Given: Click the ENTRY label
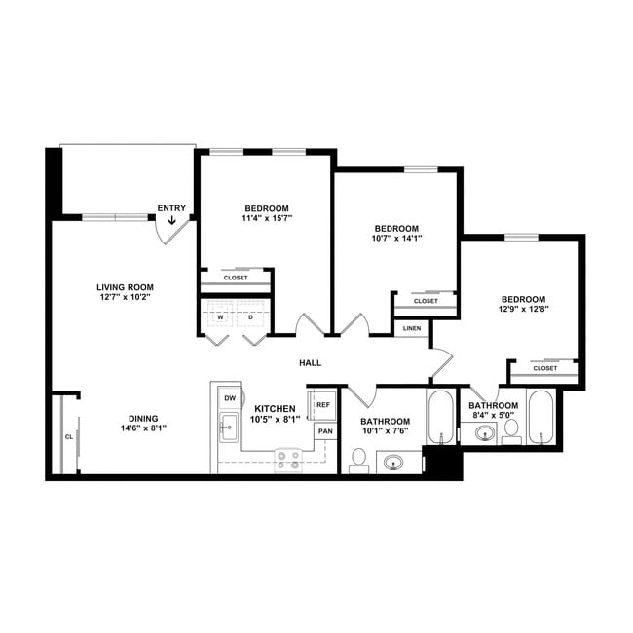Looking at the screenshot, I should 171,208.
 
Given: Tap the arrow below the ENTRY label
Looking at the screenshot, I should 172,221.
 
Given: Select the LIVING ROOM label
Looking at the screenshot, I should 126,287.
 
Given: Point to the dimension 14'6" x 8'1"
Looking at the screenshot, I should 145,427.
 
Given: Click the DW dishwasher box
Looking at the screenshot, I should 230,397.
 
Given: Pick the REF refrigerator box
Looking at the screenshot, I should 323,404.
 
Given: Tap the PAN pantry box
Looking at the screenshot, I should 324,431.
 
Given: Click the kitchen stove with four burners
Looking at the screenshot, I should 287,459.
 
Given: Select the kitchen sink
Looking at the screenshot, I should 229,427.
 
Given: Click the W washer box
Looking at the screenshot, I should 221,317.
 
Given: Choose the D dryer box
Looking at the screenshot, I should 250,317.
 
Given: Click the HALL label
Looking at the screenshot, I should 310,363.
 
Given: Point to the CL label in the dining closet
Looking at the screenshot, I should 68,437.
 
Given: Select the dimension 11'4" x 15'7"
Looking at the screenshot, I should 267,219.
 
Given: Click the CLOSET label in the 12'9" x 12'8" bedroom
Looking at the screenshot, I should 545,368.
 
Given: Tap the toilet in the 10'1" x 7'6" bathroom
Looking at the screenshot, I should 357,459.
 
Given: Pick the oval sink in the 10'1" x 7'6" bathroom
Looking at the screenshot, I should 395,462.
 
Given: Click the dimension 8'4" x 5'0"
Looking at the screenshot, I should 493,415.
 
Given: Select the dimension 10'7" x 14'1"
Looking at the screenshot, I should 396,238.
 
